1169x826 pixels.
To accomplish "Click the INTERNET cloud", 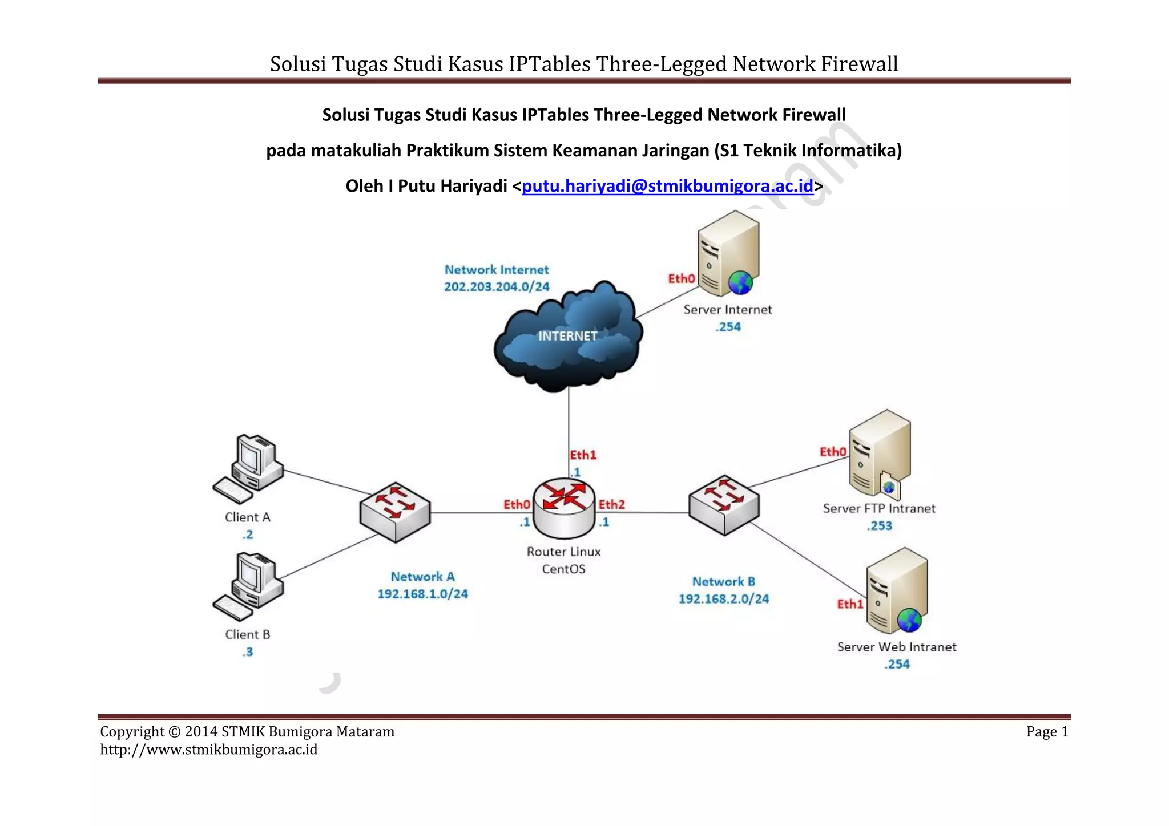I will tap(568, 337).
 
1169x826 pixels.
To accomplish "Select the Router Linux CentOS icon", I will tap(564, 508).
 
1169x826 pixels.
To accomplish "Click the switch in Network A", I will tap(395, 512).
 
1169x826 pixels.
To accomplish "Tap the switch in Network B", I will tap(724, 505).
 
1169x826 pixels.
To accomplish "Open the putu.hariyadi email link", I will tap(667, 186).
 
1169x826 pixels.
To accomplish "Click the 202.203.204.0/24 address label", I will tap(497, 286).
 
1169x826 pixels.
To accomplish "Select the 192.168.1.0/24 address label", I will tap(422, 594).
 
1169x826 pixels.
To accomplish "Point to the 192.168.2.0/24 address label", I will tap(723, 599).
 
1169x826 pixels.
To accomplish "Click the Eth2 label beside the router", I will tap(611, 504).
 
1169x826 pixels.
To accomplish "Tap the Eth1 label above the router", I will tap(583, 455).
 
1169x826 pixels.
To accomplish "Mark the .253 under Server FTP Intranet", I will tap(879, 526).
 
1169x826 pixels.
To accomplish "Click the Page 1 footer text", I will tap(1047, 732).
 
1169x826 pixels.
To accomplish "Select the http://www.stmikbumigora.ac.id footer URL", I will tap(209, 750).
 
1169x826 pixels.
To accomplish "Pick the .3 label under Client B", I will tap(247, 652).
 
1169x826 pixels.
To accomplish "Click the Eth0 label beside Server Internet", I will tap(682, 278).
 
